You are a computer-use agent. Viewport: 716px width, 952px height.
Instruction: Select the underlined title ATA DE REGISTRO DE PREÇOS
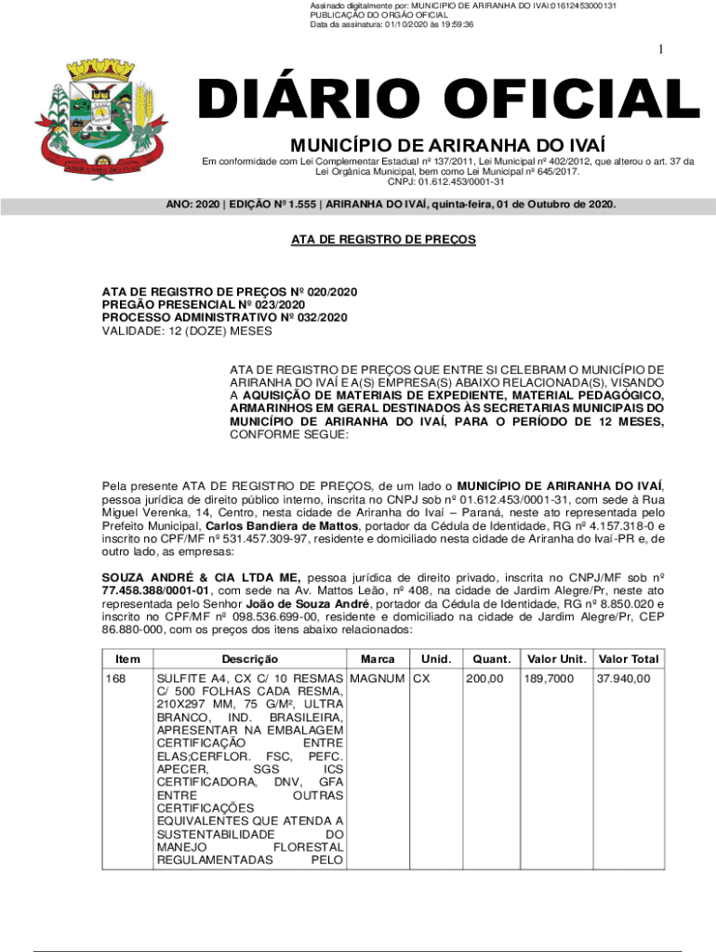click(383, 240)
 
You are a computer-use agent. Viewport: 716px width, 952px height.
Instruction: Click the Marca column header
click(378, 659)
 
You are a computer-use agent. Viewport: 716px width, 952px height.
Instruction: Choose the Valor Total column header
click(629, 659)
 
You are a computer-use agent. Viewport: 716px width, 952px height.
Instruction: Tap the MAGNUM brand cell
click(378, 679)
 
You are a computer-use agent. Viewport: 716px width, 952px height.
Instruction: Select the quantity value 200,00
click(484, 679)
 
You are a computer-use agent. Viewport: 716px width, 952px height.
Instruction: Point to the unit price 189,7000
click(548, 679)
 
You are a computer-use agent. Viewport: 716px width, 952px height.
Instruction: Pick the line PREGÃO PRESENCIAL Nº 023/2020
click(203, 304)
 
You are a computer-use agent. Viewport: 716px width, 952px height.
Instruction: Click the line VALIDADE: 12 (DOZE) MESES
click(187, 330)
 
